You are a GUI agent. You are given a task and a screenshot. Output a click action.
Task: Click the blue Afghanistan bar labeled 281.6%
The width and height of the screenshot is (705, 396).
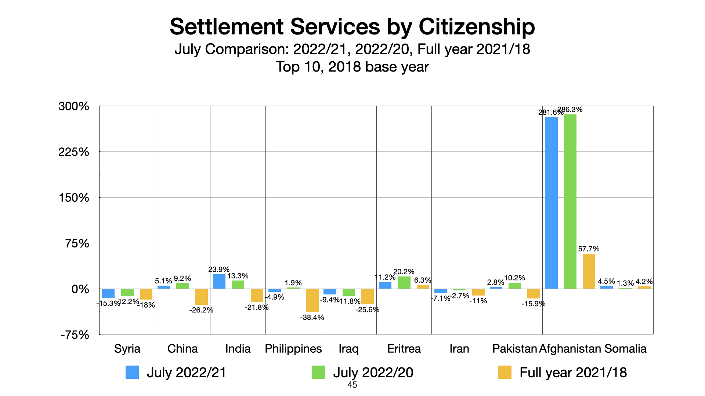tap(551, 203)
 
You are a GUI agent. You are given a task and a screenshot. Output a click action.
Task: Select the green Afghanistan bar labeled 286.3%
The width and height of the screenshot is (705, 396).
tap(570, 202)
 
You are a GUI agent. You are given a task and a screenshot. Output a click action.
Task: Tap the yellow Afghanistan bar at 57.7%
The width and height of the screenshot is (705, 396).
tap(589, 271)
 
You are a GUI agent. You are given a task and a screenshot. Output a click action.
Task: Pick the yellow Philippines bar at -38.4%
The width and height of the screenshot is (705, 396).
tap(312, 300)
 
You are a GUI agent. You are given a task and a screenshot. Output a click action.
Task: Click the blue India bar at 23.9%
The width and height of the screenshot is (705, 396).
tap(219, 282)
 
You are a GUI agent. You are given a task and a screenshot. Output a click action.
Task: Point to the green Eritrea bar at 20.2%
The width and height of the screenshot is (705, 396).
tap(404, 283)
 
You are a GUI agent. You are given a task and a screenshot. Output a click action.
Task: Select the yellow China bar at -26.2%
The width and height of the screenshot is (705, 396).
tap(201, 297)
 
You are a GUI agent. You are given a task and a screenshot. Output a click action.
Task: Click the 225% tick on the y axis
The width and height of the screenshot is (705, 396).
tap(74, 152)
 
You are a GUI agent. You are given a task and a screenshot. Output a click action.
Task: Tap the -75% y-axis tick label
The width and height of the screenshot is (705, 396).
tap(75, 335)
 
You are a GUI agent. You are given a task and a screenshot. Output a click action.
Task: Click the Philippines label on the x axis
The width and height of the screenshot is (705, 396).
tap(293, 348)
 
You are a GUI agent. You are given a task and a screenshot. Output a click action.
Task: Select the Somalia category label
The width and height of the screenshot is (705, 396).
tap(625, 348)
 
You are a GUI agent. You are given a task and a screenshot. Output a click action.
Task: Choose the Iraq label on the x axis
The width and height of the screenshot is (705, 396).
tap(348, 348)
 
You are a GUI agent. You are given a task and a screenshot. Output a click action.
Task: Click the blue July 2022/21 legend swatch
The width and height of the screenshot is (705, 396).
tap(132, 372)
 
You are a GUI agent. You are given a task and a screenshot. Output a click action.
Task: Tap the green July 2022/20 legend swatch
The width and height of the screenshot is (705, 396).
tap(318, 372)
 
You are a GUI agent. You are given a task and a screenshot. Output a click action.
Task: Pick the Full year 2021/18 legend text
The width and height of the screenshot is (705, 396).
tap(573, 373)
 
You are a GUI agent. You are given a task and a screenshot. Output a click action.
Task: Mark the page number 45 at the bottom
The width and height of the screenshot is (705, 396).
tap(352, 385)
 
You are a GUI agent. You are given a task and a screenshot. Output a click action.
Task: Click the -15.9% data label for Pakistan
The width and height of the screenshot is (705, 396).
tap(533, 304)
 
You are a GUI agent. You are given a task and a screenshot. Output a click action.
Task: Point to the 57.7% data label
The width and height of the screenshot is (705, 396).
tap(589, 249)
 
